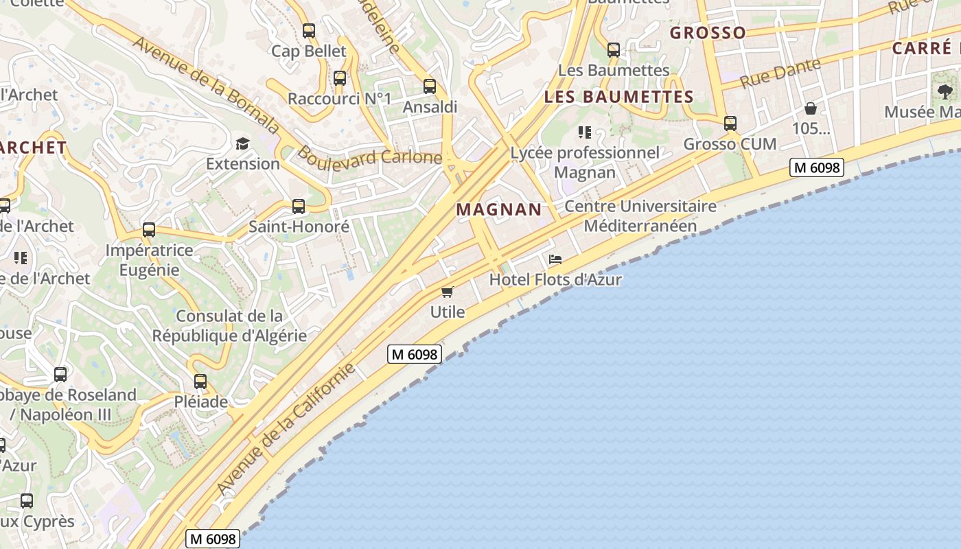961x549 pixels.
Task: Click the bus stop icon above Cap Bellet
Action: (x=309, y=31)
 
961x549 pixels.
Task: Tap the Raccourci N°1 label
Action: (x=339, y=99)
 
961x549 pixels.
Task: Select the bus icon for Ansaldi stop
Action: (x=430, y=86)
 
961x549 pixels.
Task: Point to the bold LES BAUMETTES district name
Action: (x=618, y=97)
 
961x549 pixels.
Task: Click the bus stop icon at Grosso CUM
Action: (x=730, y=124)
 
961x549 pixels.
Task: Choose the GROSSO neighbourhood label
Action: (x=708, y=33)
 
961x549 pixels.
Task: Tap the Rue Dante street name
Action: (x=781, y=74)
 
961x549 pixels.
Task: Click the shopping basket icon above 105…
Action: (x=811, y=108)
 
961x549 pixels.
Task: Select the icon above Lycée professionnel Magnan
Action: (x=585, y=132)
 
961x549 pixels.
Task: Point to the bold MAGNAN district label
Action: (x=499, y=210)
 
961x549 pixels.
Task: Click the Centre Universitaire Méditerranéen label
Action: (x=640, y=215)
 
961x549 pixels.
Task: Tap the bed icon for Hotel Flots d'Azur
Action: (x=555, y=259)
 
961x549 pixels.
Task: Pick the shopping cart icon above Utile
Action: (x=448, y=292)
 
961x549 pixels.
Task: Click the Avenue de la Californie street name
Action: (x=286, y=428)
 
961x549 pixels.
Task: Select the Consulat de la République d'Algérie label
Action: (x=229, y=326)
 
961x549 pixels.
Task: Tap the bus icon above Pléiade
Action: (x=200, y=381)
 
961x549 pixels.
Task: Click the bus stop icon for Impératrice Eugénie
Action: (x=149, y=230)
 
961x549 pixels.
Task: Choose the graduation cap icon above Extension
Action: (x=242, y=143)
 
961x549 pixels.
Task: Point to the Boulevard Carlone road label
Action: (x=369, y=157)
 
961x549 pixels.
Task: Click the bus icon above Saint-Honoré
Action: (x=299, y=206)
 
